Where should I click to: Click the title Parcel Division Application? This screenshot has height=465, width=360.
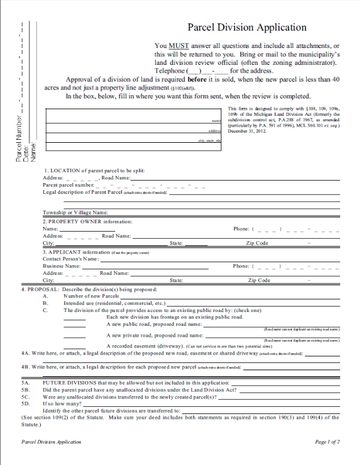click(x=247, y=27)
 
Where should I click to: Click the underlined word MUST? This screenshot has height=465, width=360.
click(x=178, y=46)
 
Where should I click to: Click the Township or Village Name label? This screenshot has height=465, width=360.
click(x=75, y=212)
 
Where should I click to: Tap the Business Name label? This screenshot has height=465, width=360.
click(x=61, y=266)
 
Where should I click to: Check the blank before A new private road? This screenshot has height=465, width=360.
click(x=74, y=337)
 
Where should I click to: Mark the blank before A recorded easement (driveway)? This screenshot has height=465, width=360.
click(x=74, y=347)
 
